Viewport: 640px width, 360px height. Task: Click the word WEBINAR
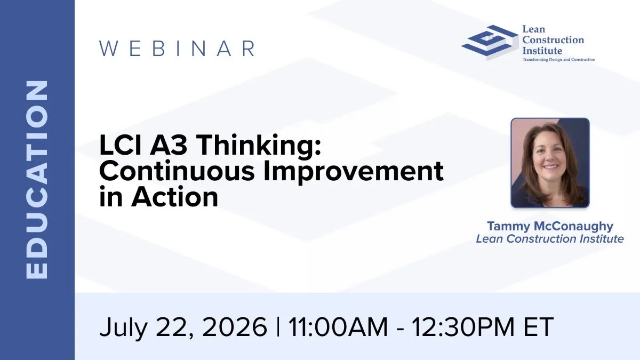point(177,49)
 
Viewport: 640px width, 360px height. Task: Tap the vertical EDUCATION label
point(37,180)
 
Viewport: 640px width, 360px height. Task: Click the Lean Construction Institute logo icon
point(490,42)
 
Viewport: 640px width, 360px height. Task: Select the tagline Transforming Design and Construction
point(559,60)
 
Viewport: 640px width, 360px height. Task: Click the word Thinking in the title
point(259,145)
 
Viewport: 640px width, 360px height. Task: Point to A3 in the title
point(169,145)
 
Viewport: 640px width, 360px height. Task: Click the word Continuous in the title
point(177,171)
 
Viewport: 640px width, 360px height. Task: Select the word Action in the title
point(174,197)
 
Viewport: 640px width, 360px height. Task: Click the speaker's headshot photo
point(550,163)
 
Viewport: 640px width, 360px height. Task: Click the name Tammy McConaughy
point(550,226)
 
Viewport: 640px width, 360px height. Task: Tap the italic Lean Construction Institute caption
point(550,239)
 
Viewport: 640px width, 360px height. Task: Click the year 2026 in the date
point(234,327)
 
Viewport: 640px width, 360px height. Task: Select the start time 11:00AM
point(338,327)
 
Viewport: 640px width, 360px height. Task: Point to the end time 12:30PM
point(463,327)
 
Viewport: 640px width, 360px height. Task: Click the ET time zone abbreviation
point(539,327)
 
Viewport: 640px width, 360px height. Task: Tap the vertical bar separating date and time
point(278,326)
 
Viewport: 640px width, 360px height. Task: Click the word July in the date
point(123,328)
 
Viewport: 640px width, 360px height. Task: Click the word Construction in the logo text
point(553,40)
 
